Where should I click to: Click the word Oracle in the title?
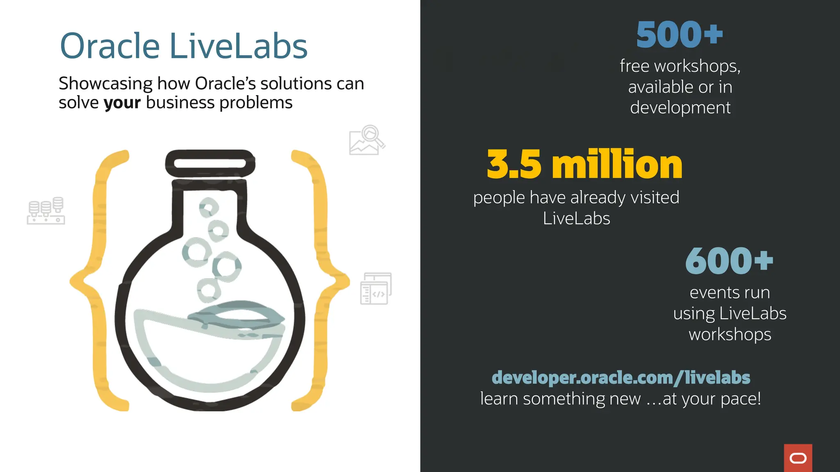click(x=110, y=46)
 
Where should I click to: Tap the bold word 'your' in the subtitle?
click(x=122, y=103)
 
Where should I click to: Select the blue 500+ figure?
click(x=679, y=35)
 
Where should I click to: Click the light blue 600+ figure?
click(x=729, y=261)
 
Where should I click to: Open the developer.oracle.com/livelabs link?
click(x=621, y=377)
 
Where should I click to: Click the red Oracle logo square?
click(x=798, y=458)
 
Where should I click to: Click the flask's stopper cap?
click(x=210, y=163)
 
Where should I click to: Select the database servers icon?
click(x=46, y=211)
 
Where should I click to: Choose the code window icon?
click(x=376, y=288)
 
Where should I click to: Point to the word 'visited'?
click(x=655, y=197)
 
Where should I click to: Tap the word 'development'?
click(x=680, y=108)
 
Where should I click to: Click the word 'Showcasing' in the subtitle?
click(x=105, y=84)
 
